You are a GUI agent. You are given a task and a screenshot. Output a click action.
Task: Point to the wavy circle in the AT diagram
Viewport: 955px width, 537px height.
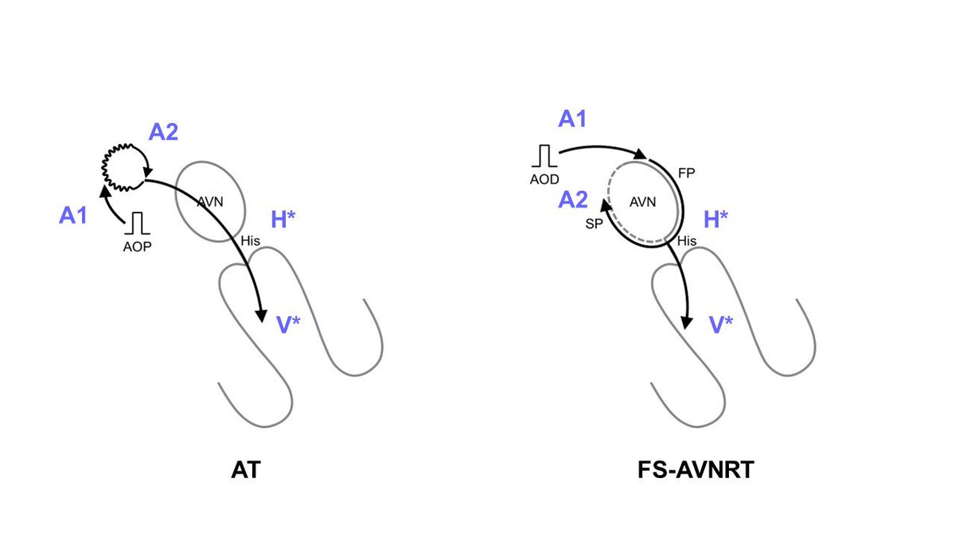122,165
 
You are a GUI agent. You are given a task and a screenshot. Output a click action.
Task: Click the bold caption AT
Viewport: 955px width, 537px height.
243,471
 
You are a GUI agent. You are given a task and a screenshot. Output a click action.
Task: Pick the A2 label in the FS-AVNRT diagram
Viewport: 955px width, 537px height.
572,202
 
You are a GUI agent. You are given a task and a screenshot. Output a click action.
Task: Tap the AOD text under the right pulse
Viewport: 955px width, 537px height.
548,179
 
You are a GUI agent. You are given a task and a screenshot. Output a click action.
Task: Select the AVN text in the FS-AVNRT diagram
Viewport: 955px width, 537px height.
642,202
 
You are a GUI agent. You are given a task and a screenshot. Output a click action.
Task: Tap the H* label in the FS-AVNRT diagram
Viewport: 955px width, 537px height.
716,220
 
